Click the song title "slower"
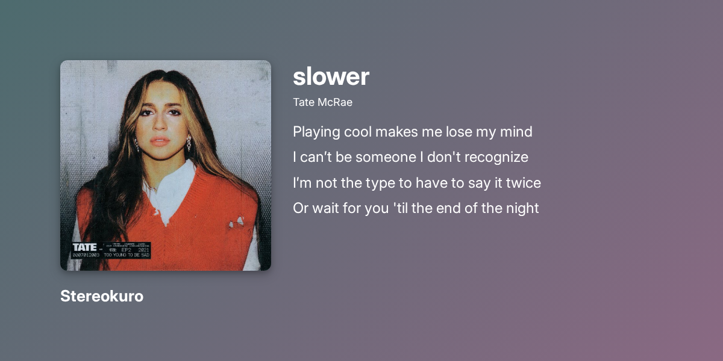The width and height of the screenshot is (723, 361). [x=331, y=77]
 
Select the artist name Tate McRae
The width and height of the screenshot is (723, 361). [x=322, y=102]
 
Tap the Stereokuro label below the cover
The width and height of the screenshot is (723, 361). [x=102, y=296]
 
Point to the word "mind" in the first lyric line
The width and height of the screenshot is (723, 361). [x=516, y=132]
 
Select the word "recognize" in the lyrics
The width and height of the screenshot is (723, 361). [x=498, y=158]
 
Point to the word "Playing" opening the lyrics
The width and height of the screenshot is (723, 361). [x=316, y=132]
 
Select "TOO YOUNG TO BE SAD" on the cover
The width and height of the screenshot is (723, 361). [x=127, y=255]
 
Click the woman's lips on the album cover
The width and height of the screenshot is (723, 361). [x=160, y=141]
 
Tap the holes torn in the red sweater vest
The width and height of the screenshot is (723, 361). [x=236, y=223]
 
